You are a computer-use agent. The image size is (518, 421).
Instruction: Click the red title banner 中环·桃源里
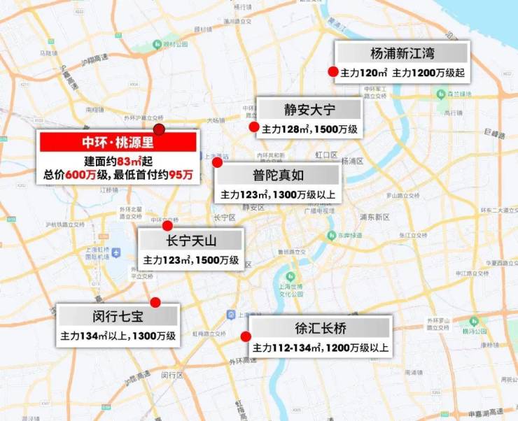(x=118, y=143)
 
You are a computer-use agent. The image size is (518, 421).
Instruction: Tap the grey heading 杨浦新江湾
(x=402, y=53)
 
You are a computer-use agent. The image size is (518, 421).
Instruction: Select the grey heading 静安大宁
(x=309, y=110)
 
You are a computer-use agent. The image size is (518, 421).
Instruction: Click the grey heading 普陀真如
(x=279, y=174)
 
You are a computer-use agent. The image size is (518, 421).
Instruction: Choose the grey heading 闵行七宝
(x=118, y=316)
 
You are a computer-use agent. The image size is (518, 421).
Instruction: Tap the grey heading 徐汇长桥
(x=320, y=327)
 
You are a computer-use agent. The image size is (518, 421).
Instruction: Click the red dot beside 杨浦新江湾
(x=334, y=71)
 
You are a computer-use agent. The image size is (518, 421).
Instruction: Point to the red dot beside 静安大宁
(x=253, y=127)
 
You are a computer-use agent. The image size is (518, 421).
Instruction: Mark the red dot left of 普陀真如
(x=217, y=162)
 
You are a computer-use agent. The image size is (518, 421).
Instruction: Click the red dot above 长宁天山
(x=167, y=225)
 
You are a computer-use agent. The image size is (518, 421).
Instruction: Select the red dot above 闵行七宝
(x=155, y=302)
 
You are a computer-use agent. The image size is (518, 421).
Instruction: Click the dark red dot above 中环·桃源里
(x=160, y=129)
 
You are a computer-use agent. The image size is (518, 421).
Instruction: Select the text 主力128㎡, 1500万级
(x=309, y=129)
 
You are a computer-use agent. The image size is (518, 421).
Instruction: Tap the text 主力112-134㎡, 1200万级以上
(x=320, y=348)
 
